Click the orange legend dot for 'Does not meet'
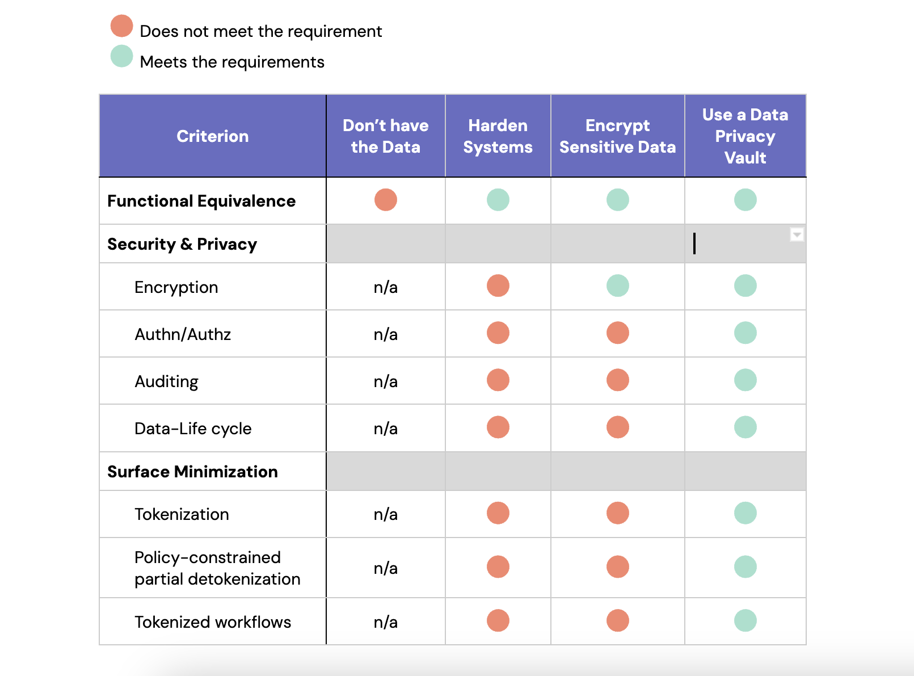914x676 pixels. click(x=121, y=26)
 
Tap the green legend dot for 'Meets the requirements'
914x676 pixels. click(x=121, y=56)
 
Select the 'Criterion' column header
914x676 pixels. click(x=213, y=136)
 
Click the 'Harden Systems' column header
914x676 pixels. click(x=498, y=136)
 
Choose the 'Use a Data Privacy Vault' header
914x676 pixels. click(x=745, y=136)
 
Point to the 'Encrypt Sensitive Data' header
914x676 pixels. click(x=617, y=136)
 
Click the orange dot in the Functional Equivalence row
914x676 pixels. click(x=386, y=200)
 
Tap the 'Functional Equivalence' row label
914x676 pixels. click(x=201, y=201)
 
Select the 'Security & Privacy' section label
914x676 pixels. click(x=182, y=244)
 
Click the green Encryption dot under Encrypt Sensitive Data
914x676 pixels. click(x=618, y=286)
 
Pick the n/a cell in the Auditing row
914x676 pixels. click(x=386, y=381)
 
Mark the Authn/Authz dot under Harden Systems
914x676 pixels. click(x=498, y=333)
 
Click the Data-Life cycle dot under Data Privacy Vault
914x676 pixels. click(x=745, y=427)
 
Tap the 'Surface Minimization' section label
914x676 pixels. click(x=192, y=472)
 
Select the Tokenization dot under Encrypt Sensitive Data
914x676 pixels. click(x=618, y=513)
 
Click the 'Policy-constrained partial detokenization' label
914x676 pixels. click(x=217, y=568)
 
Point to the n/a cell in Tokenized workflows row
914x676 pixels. click(x=386, y=622)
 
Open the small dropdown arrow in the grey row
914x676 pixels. click(x=797, y=234)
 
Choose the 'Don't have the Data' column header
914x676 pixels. click(x=386, y=136)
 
